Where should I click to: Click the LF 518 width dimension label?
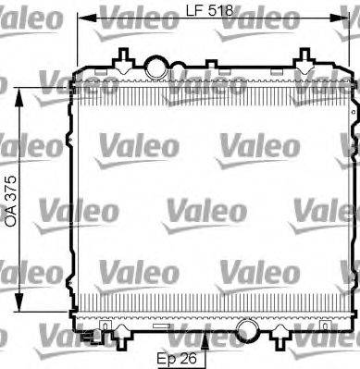209,11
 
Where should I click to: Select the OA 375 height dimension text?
10,202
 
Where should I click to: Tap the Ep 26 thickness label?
177,359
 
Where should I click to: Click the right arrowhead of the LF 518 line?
339,18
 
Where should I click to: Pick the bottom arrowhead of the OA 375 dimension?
19,301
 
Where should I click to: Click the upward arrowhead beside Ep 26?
205,342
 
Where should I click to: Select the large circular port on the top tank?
156,68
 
